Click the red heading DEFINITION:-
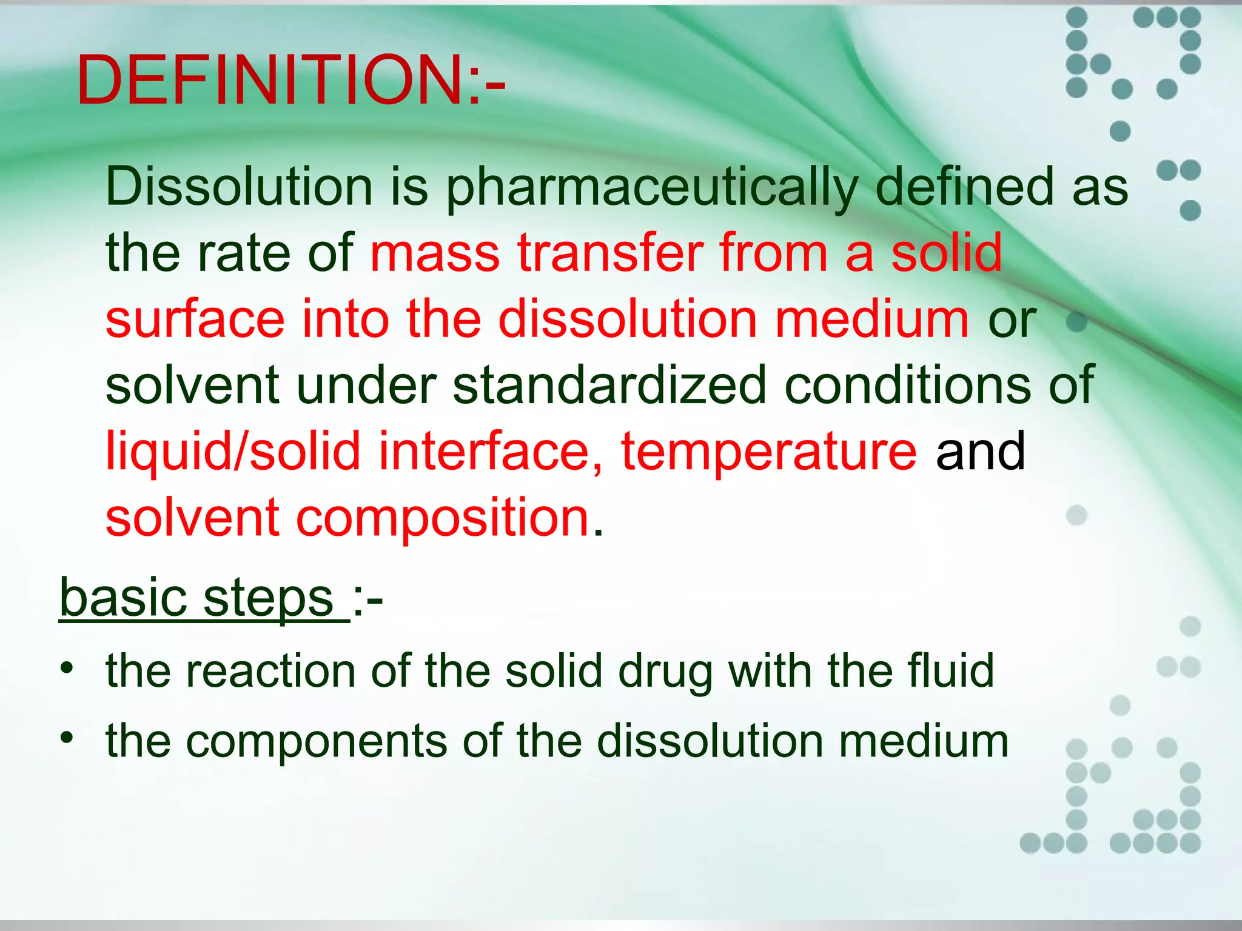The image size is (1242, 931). pyautogui.click(x=290, y=81)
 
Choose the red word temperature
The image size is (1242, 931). pyautogui.click(x=768, y=452)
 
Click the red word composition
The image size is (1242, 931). pyautogui.click(x=443, y=518)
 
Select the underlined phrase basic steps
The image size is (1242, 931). pyautogui.click(x=197, y=598)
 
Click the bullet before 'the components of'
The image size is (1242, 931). pyautogui.click(x=67, y=738)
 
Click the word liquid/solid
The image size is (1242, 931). pyautogui.click(x=233, y=452)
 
